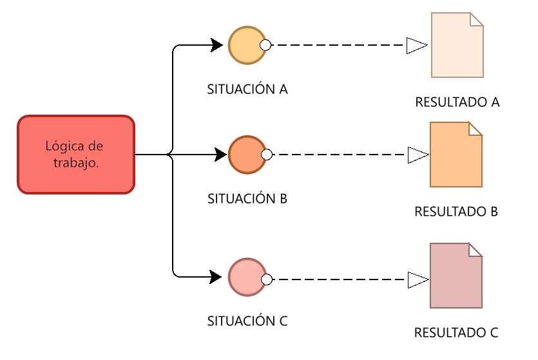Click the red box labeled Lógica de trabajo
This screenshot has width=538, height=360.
tap(75, 155)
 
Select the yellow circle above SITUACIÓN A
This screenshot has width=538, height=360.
tap(246, 45)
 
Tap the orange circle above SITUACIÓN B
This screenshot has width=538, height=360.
tap(246, 155)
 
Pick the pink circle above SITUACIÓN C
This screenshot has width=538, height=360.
tap(246, 278)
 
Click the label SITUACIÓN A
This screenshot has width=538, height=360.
tap(247, 89)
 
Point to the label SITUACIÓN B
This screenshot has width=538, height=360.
tap(247, 198)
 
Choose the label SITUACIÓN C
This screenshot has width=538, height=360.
tap(247, 320)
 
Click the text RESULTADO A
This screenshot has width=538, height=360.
tap(457, 102)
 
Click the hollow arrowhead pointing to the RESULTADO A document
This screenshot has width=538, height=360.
tap(417, 45)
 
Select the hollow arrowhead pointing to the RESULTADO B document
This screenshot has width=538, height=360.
tap(417, 155)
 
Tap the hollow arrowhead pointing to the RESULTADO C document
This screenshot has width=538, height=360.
tap(417, 279)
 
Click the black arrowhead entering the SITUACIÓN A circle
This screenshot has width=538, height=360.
tap(217, 45)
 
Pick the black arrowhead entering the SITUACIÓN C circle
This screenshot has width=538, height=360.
tap(217, 278)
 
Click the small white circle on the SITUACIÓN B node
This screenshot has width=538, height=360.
tap(265, 155)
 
